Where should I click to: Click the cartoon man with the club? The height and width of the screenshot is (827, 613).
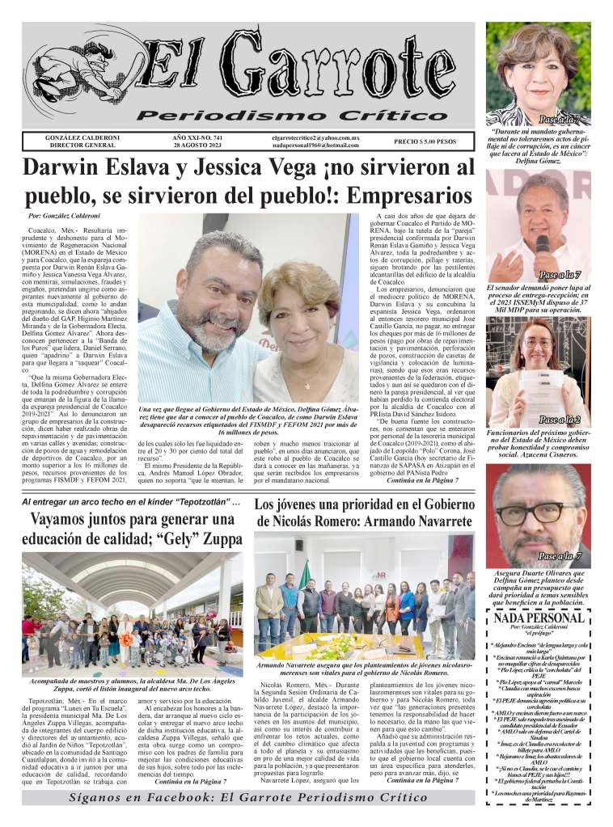pyautogui.click(x=77, y=77)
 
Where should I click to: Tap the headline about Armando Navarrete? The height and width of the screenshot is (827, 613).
pyautogui.click(x=364, y=513)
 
